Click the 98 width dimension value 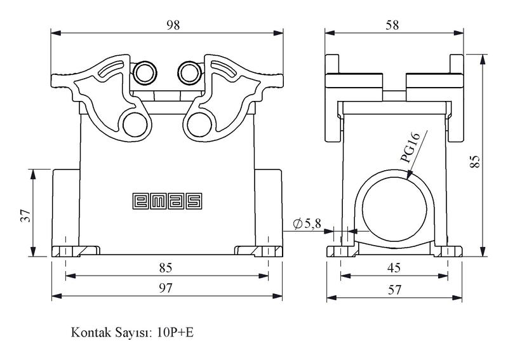pyautogui.click(x=173, y=25)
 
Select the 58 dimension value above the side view pyautogui.click(x=392, y=25)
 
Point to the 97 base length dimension pyautogui.click(x=166, y=288)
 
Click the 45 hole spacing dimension pyautogui.click(x=394, y=268)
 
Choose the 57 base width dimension pyautogui.click(x=394, y=290)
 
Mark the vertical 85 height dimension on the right pyautogui.click(x=474, y=161)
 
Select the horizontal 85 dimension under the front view pyautogui.click(x=166, y=268)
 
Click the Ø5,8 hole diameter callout pyautogui.click(x=307, y=223)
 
